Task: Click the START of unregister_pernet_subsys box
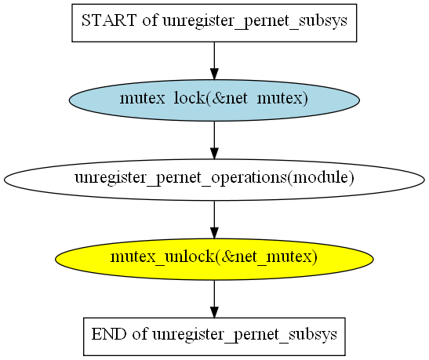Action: pyautogui.click(x=214, y=23)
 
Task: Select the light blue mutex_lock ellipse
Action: pyautogui.click(x=214, y=100)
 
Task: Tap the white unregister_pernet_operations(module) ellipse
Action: pyautogui.click(x=214, y=180)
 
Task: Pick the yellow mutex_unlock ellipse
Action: pyautogui.click(x=214, y=259)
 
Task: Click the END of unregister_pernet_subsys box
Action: pyautogui.click(x=214, y=336)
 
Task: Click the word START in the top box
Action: pyautogui.click(x=109, y=20)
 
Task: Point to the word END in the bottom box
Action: pyautogui.click(x=109, y=334)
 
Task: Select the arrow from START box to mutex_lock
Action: pyautogui.click(x=214, y=60)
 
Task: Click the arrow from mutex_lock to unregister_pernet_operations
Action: pyautogui.click(x=214, y=140)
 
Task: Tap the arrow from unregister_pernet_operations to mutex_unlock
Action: pyautogui.click(x=214, y=220)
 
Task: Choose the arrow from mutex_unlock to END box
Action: pyautogui.click(x=214, y=299)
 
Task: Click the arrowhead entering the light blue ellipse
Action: pyautogui.click(x=214, y=74)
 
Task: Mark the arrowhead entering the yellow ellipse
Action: pyautogui.click(x=214, y=232)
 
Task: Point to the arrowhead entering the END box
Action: pyautogui.click(x=214, y=312)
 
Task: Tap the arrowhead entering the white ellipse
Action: pyautogui.click(x=214, y=153)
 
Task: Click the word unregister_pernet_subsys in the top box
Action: pyautogui.click(x=255, y=21)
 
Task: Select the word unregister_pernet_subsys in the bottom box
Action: pyautogui.click(x=245, y=335)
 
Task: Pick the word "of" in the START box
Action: pyautogui.click(x=149, y=20)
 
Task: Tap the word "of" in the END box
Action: pyautogui.click(x=140, y=334)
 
